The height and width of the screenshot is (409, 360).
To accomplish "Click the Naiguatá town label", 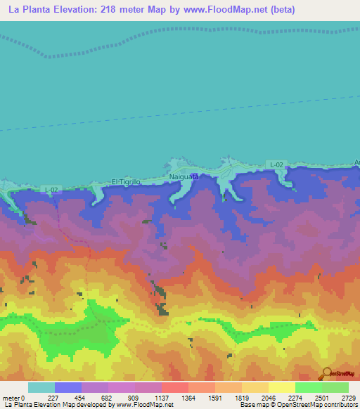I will coord(185,177).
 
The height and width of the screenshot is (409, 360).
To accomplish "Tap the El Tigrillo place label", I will coord(127,181).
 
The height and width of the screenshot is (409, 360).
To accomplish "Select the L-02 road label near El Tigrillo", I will coord(51,190).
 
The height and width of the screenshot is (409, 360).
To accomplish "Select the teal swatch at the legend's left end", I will coord(41,387).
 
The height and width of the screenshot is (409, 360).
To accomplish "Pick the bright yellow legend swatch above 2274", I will coord(281,387).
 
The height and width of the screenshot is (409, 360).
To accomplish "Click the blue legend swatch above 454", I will coord(67,387).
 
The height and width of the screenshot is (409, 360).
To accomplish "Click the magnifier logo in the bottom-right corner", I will coord(327,372).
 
